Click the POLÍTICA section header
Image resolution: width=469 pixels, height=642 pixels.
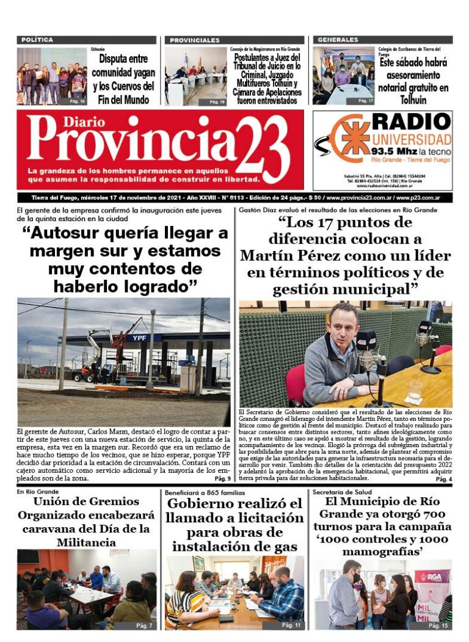(37, 40)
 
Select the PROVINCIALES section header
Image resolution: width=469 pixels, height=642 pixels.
(194, 40)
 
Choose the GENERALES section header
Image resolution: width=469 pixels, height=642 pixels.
(338, 40)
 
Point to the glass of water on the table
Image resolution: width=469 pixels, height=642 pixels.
(416, 390)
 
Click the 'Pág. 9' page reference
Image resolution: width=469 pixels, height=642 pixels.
(221, 478)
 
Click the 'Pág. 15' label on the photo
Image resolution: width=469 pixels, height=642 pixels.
(438, 626)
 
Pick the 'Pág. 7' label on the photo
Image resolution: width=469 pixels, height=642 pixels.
(144, 626)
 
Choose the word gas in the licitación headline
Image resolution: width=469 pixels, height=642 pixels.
(285, 546)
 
